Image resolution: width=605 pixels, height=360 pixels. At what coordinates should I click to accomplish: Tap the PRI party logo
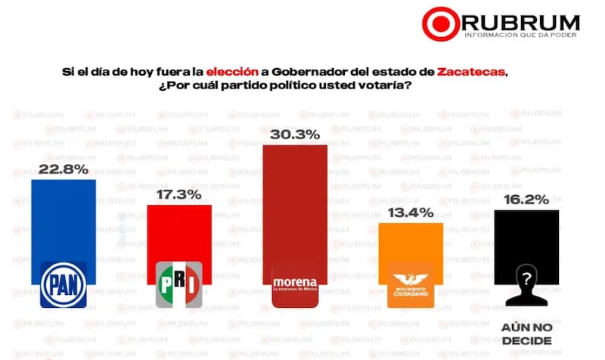[178, 285]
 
